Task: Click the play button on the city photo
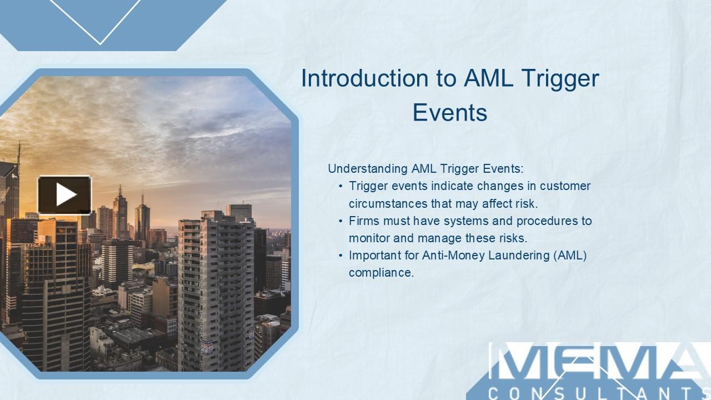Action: (x=64, y=195)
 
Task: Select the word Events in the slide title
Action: (x=450, y=112)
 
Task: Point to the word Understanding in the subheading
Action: (x=368, y=168)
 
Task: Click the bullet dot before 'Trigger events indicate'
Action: (x=341, y=186)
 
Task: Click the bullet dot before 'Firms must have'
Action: (x=341, y=221)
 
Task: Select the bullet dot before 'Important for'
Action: (x=341, y=256)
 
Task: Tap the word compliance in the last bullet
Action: (x=381, y=273)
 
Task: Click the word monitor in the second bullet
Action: (x=369, y=238)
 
